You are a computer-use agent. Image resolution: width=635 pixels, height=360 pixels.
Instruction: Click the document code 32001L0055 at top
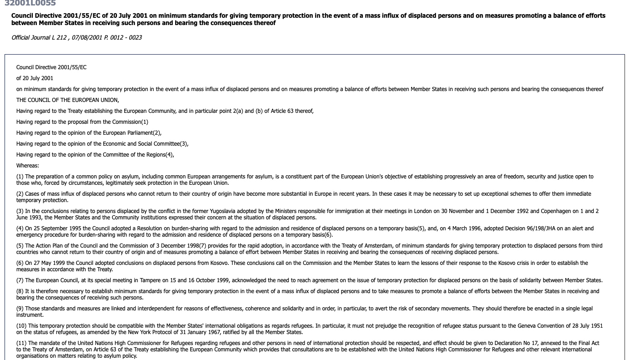tap(30, 3)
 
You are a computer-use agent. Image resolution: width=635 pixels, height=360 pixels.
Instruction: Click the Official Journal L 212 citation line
tap(76, 37)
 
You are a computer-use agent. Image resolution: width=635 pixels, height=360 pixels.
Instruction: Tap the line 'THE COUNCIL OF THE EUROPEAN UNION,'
tap(67, 100)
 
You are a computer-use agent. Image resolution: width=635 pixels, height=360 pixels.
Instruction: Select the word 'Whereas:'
tap(28, 166)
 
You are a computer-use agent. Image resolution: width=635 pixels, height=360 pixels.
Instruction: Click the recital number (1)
tap(20, 177)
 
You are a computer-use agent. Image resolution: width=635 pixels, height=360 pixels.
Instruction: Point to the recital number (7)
tap(20, 280)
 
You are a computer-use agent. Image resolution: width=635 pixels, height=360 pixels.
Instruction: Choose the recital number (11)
tap(21, 343)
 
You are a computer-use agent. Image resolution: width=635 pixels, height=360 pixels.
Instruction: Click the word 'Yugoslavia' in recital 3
tap(223, 211)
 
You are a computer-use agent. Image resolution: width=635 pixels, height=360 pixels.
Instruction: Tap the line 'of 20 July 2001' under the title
tap(35, 78)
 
